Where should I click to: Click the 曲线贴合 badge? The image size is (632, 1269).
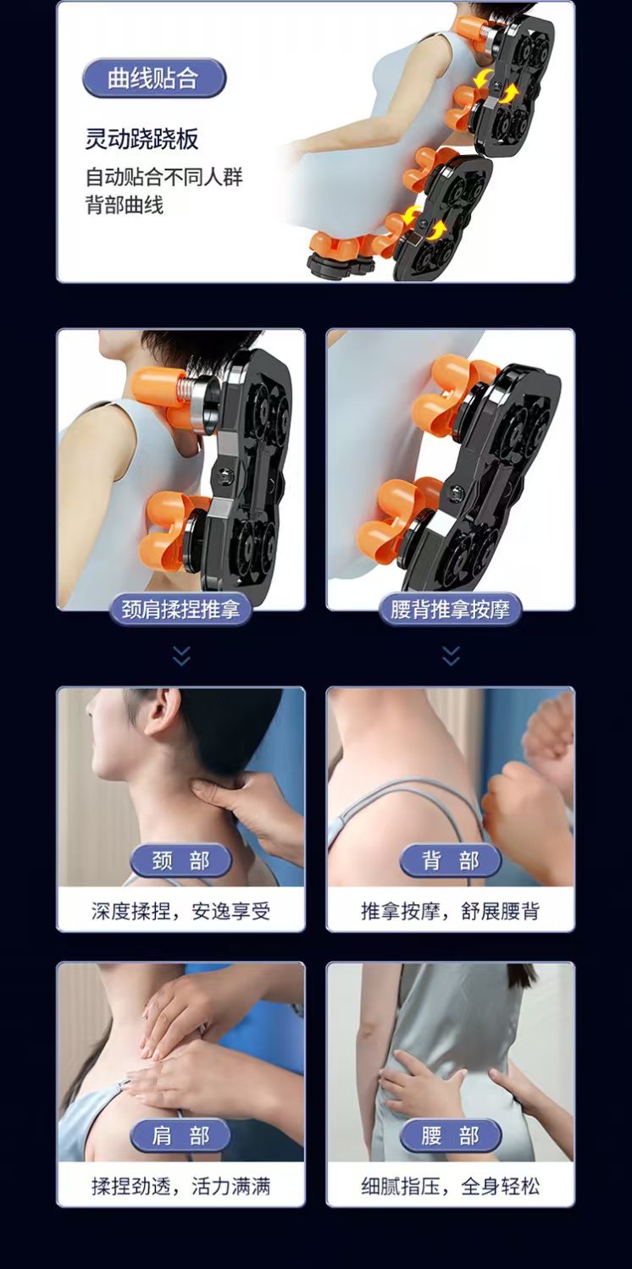[154, 78]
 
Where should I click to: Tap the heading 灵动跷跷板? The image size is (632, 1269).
[141, 139]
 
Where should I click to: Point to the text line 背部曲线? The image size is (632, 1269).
[125, 205]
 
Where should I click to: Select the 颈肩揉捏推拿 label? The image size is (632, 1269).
[180, 610]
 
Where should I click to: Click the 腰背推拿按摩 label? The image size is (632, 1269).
[451, 610]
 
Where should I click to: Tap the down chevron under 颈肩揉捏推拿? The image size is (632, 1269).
[181, 655]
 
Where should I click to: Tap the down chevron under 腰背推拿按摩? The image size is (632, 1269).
[451, 655]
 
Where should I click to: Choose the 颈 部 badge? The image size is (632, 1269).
[180, 861]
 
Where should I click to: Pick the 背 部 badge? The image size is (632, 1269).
[451, 861]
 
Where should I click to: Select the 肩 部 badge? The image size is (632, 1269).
[180, 1135]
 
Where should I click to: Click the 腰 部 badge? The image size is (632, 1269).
[451, 1135]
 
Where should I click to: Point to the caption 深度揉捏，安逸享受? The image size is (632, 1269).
[180, 911]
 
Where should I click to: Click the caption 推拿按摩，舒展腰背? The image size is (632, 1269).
[451, 911]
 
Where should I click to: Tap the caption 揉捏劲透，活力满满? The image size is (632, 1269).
[180, 1185]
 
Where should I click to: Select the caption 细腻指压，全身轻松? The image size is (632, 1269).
[451, 1185]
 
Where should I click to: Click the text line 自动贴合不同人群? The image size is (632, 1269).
[164, 177]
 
